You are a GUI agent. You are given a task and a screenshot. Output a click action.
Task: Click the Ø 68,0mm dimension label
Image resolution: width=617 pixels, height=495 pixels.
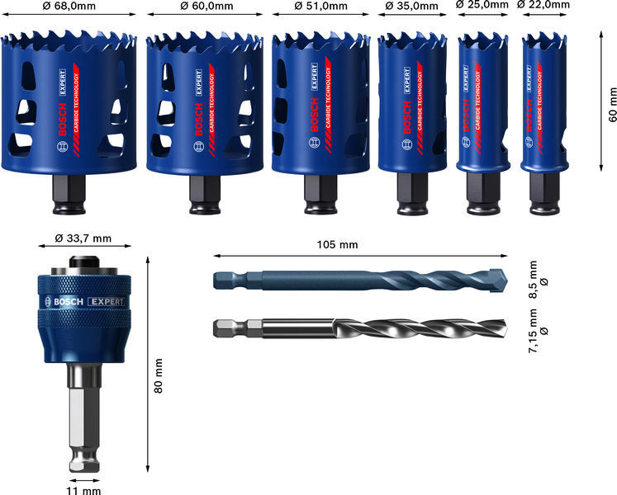[x=69, y=6]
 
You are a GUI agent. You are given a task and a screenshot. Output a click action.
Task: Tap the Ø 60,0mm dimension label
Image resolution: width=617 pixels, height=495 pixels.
[x=206, y=6]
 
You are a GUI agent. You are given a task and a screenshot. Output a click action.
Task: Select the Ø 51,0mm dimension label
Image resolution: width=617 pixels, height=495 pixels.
[x=321, y=6]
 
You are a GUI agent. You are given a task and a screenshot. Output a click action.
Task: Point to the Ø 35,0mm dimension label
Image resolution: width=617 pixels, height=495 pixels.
[x=411, y=6]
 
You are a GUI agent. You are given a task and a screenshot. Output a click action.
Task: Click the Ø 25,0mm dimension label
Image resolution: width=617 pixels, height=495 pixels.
[x=482, y=5]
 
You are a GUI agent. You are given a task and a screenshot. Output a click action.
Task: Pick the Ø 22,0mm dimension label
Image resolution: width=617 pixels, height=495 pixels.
[x=543, y=5]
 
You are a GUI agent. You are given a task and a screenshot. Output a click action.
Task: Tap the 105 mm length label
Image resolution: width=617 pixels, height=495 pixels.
[x=337, y=244]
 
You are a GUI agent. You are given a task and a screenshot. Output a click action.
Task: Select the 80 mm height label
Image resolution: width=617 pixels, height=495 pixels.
[x=159, y=376]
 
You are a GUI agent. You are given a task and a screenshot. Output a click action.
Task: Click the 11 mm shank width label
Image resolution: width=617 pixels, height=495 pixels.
[x=83, y=490]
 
